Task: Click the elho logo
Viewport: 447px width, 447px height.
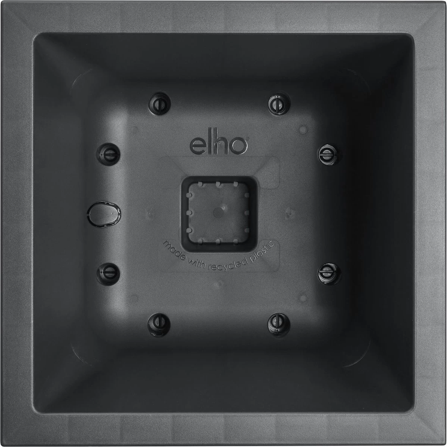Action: pos(219,145)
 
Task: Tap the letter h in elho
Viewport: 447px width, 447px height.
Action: pos(221,144)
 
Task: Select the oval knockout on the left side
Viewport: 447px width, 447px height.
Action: pos(104,214)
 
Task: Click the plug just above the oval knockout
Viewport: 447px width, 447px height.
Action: pos(109,153)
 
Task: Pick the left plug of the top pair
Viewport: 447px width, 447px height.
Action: pos(159,103)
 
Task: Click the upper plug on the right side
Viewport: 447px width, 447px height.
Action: pos(329,153)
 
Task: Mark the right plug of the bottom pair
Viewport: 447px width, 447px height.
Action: pos(279,323)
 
